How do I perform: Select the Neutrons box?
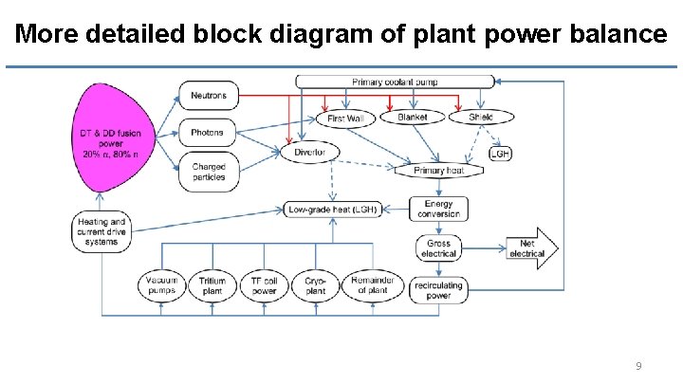[209, 96]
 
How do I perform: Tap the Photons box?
[209, 133]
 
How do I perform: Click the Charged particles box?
[209, 172]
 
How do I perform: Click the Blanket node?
[413, 118]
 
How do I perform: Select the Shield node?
[481, 118]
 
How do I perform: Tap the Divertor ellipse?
[309, 152]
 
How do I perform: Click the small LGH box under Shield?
[501, 153]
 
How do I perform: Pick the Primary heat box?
[439, 171]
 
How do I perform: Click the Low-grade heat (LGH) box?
[333, 209]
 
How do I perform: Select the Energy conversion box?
[438, 209]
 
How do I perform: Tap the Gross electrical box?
[438, 248]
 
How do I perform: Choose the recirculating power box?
[438, 289]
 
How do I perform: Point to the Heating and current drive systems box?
[101, 232]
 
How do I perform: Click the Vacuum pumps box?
[162, 285]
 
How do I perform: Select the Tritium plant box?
[212, 285]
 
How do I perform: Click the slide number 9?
[638, 365]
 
